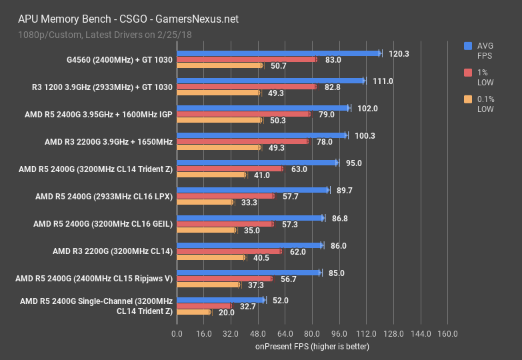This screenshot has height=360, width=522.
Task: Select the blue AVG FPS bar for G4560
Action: tap(277, 53)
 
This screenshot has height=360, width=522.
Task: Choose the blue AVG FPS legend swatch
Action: tap(468, 46)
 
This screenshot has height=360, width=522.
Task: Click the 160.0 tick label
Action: tap(447, 333)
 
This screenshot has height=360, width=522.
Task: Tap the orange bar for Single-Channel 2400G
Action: tap(193, 312)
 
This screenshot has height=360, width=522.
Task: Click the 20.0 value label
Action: tap(226, 312)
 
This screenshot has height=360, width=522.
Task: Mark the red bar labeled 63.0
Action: tap(229, 169)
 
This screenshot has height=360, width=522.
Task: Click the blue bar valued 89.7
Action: tap(252, 190)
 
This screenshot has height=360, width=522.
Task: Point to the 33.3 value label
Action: tap(249, 202)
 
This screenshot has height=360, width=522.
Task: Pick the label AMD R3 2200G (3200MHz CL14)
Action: tap(113, 251)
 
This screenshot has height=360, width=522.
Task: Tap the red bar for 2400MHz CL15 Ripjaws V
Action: tap(224, 279)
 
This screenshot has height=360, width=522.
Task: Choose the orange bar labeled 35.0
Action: tap(205, 230)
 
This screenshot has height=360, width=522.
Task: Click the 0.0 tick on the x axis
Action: tap(177, 333)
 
